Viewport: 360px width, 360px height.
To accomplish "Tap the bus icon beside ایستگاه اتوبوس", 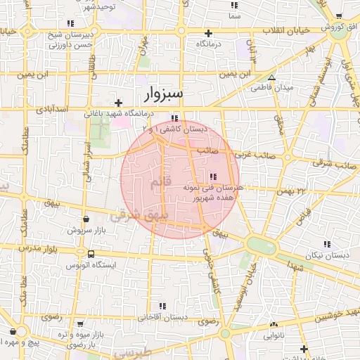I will coord(91,253).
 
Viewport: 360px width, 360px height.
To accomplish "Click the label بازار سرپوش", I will coord(86,230).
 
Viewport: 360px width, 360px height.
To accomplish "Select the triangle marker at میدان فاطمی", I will coord(272,77).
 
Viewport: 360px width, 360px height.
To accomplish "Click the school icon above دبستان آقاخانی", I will coord(163,306).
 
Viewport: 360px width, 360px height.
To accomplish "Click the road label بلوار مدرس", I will coord(37,249).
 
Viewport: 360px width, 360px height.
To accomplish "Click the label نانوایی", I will coord(274,336).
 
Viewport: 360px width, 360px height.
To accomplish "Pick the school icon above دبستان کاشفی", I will coord(174,118).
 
